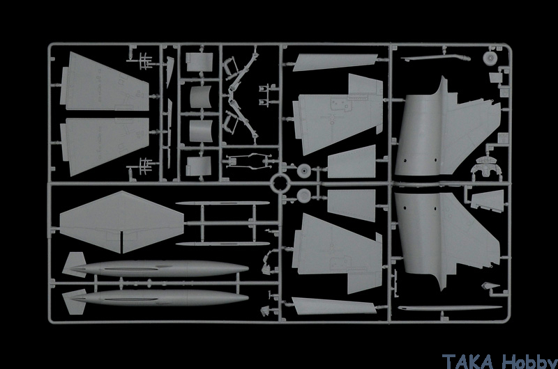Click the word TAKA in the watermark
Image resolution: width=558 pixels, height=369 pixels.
[468, 361]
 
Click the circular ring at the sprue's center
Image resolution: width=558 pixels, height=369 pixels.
[280, 183]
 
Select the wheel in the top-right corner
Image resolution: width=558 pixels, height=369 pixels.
[490, 58]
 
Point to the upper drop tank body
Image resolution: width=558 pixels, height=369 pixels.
[160, 269]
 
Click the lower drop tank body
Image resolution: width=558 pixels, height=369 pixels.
[160, 297]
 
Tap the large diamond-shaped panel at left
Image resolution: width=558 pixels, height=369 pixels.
[121, 222]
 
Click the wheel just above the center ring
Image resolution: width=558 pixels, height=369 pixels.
[304, 171]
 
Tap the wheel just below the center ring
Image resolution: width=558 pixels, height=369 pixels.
[304, 196]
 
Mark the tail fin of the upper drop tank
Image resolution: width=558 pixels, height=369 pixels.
[75, 265]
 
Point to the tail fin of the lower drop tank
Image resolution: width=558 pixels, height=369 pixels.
[75, 302]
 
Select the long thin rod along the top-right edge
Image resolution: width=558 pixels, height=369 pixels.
[435, 58]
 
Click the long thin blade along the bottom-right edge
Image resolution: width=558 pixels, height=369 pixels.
[450, 308]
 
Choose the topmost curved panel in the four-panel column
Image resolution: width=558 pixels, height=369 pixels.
[199, 62]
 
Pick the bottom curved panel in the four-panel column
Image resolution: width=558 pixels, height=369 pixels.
[199, 166]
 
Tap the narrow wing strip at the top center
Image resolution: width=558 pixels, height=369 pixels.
[335, 62]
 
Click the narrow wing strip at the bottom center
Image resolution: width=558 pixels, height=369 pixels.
[335, 306]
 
